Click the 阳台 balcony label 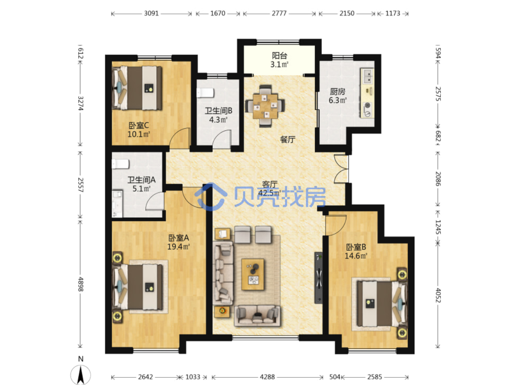coord(279,56)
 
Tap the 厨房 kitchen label coord(337,92)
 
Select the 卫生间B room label coord(218,111)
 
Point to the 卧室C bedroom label coord(138,126)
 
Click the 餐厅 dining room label coord(288,140)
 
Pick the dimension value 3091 coord(151,13)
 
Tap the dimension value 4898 coord(80,284)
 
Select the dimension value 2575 coord(438,94)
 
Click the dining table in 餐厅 coord(265,106)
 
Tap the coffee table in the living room coord(253,274)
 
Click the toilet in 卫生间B coord(205,93)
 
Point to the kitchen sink coord(367,76)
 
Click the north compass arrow coord(80,375)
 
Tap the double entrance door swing coord(341,169)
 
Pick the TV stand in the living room coord(319,278)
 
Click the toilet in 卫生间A coord(120,164)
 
